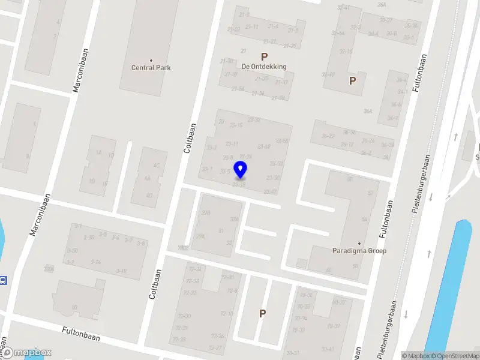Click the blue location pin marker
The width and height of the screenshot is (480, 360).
tap(241, 170)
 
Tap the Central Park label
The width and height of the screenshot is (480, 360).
tap(151, 68)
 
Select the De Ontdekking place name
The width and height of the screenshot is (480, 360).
tap(264, 67)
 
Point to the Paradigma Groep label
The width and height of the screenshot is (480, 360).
tap(359, 251)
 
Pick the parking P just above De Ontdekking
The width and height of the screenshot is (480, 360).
tap(264, 56)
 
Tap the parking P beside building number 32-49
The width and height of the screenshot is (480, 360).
tap(353, 80)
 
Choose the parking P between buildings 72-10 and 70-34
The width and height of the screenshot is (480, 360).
tap(262, 313)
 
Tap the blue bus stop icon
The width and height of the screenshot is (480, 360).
tap(4, 280)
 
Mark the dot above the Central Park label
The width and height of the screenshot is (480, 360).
tap(151, 60)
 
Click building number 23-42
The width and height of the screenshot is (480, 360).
tap(263, 146)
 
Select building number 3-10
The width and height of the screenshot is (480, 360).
tap(121, 271)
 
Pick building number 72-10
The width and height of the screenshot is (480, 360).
tap(227, 314)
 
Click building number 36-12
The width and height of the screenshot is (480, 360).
tap(347, 145)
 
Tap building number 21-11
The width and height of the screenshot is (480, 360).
tap(252, 26)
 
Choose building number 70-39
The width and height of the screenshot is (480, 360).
tap(334, 326)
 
